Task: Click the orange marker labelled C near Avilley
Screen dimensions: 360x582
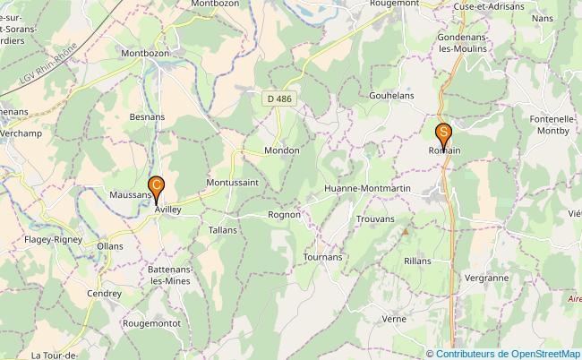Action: (x=157, y=188)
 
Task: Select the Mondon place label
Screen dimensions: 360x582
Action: (x=281, y=150)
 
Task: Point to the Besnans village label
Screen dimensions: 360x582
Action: (x=147, y=116)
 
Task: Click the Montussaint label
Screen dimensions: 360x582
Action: (x=232, y=182)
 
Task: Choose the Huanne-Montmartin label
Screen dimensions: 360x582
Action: (x=367, y=189)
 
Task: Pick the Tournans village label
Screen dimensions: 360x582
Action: (x=323, y=257)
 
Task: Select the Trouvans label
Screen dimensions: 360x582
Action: (x=374, y=219)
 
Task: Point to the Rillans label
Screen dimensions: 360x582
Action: (x=416, y=261)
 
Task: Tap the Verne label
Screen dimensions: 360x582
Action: (x=393, y=318)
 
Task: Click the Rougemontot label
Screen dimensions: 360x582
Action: (x=152, y=322)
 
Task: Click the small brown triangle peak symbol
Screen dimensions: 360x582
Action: (x=405, y=231)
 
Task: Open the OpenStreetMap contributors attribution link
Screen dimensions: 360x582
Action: (x=508, y=353)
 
